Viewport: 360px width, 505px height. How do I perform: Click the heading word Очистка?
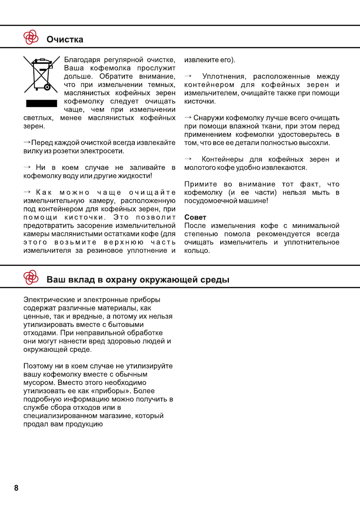pos(65,40)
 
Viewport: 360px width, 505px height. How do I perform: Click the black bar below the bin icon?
pos(41,103)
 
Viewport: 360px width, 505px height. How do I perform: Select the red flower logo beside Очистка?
pos(31,38)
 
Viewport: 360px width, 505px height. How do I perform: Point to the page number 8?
pos(16,488)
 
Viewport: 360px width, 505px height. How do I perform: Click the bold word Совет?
pos(195,217)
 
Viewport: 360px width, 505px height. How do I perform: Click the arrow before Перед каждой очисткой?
pos(27,143)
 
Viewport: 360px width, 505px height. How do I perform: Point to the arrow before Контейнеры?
pos(188,159)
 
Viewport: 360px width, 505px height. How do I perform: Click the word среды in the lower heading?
pos(214,280)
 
